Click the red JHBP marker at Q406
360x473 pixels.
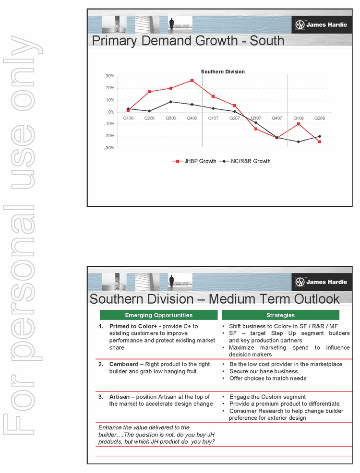[x=192, y=81]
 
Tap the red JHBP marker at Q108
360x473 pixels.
[x=299, y=124]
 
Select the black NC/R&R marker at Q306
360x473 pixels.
[x=171, y=102]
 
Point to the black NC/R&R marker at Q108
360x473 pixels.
[x=299, y=142]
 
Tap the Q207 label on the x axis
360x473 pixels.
[x=235, y=118]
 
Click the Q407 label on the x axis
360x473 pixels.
[x=277, y=118]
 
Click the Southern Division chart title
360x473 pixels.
[x=223, y=71]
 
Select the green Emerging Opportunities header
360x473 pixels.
[x=158, y=315]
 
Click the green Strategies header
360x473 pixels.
[x=280, y=315]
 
